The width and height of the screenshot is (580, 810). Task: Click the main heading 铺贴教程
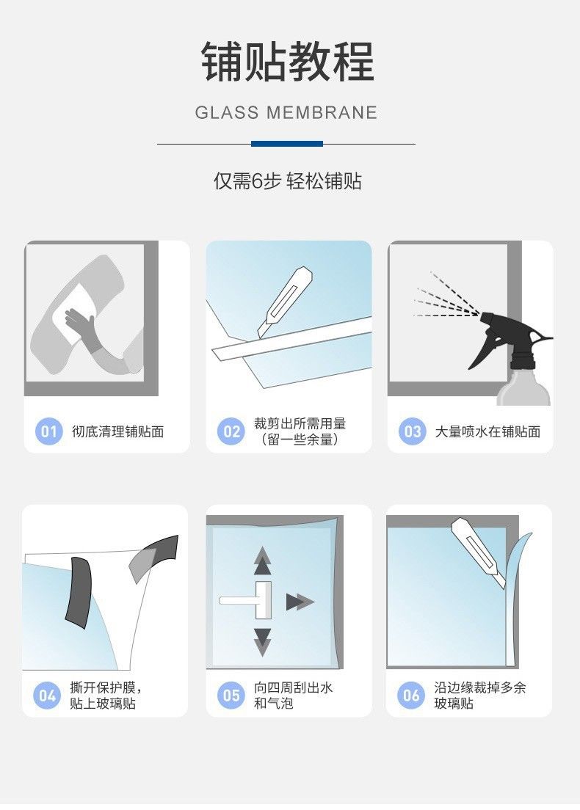pyautogui.click(x=287, y=62)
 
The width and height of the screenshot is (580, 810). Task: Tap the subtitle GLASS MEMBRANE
pyautogui.click(x=286, y=112)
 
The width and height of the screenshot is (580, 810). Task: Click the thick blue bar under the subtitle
pyautogui.click(x=287, y=144)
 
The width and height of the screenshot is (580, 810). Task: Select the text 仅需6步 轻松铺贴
pyautogui.click(x=287, y=181)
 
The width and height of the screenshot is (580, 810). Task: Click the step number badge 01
pyautogui.click(x=48, y=431)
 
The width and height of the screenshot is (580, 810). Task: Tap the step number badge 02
pyautogui.click(x=231, y=431)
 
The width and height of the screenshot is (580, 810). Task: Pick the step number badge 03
pyautogui.click(x=412, y=431)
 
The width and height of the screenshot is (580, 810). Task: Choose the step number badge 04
pyautogui.click(x=46, y=696)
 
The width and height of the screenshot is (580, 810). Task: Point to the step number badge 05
pyautogui.click(x=231, y=696)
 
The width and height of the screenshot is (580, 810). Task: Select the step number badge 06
pyautogui.click(x=411, y=696)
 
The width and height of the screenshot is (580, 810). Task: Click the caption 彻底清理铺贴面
pyautogui.click(x=118, y=431)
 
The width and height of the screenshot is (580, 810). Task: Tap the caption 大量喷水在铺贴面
pyautogui.click(x=487, y=431)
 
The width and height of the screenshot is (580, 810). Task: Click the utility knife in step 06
pyautogui.click(x=479, y=552)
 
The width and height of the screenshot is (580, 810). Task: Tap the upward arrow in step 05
pyautogui.click(x=263, y=561)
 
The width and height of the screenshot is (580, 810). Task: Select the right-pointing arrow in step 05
pyautogui.click(x=300, y=602)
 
